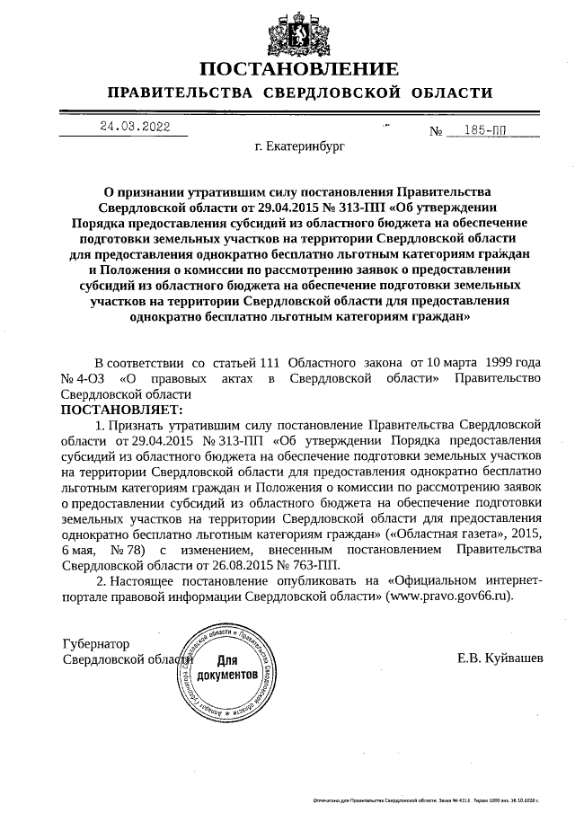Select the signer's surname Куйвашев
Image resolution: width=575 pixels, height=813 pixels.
point(514,660)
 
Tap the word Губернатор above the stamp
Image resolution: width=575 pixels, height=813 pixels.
point(95,644)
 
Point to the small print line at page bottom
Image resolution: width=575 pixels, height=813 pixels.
point(427,798)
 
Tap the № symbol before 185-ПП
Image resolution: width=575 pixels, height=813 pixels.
point(438,131)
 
